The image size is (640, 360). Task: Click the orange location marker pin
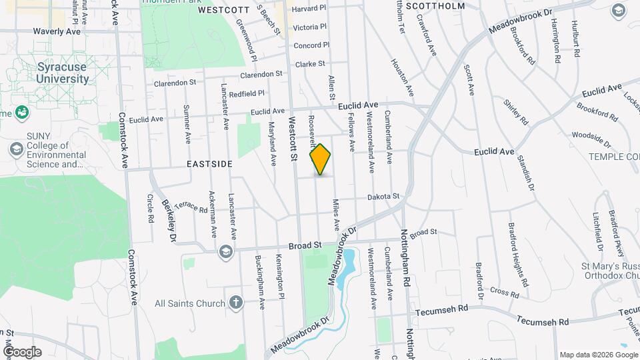[x=321, y=159]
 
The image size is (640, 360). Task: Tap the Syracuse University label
[x=44, y=73]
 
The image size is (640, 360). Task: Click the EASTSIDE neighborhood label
[x=209, y=163]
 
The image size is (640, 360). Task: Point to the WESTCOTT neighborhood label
[x=223, y=11]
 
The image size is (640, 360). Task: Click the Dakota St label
[x=383, y=197]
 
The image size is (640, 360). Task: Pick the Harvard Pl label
[x=309, y=9]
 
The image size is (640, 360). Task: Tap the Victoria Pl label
[x=310, y=27]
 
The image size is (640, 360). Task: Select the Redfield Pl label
[x=247, y=94]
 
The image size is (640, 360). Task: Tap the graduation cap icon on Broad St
[x=225, y=251]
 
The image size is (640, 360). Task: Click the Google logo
[x=22, y=352]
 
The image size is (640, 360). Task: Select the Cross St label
[x=505, y=292]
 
